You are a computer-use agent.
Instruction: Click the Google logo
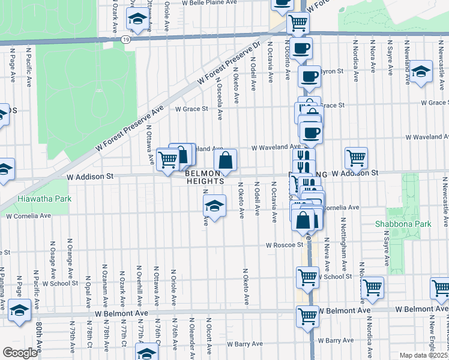coord(20,353)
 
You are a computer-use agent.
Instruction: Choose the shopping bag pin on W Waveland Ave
coord(225,160)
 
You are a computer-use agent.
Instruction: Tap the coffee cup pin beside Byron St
coord(310,76)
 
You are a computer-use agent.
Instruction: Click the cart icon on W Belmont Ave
coord(307,314)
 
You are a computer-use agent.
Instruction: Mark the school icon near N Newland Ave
coord(421,71)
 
